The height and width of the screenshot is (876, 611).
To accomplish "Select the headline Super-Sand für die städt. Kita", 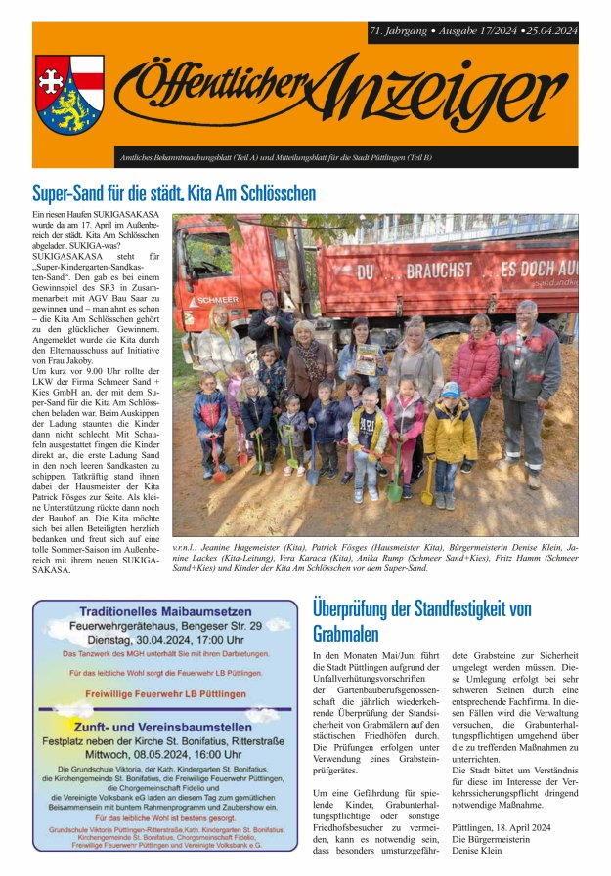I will (174, 192).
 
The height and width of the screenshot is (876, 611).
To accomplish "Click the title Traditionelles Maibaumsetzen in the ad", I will (163, 611).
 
